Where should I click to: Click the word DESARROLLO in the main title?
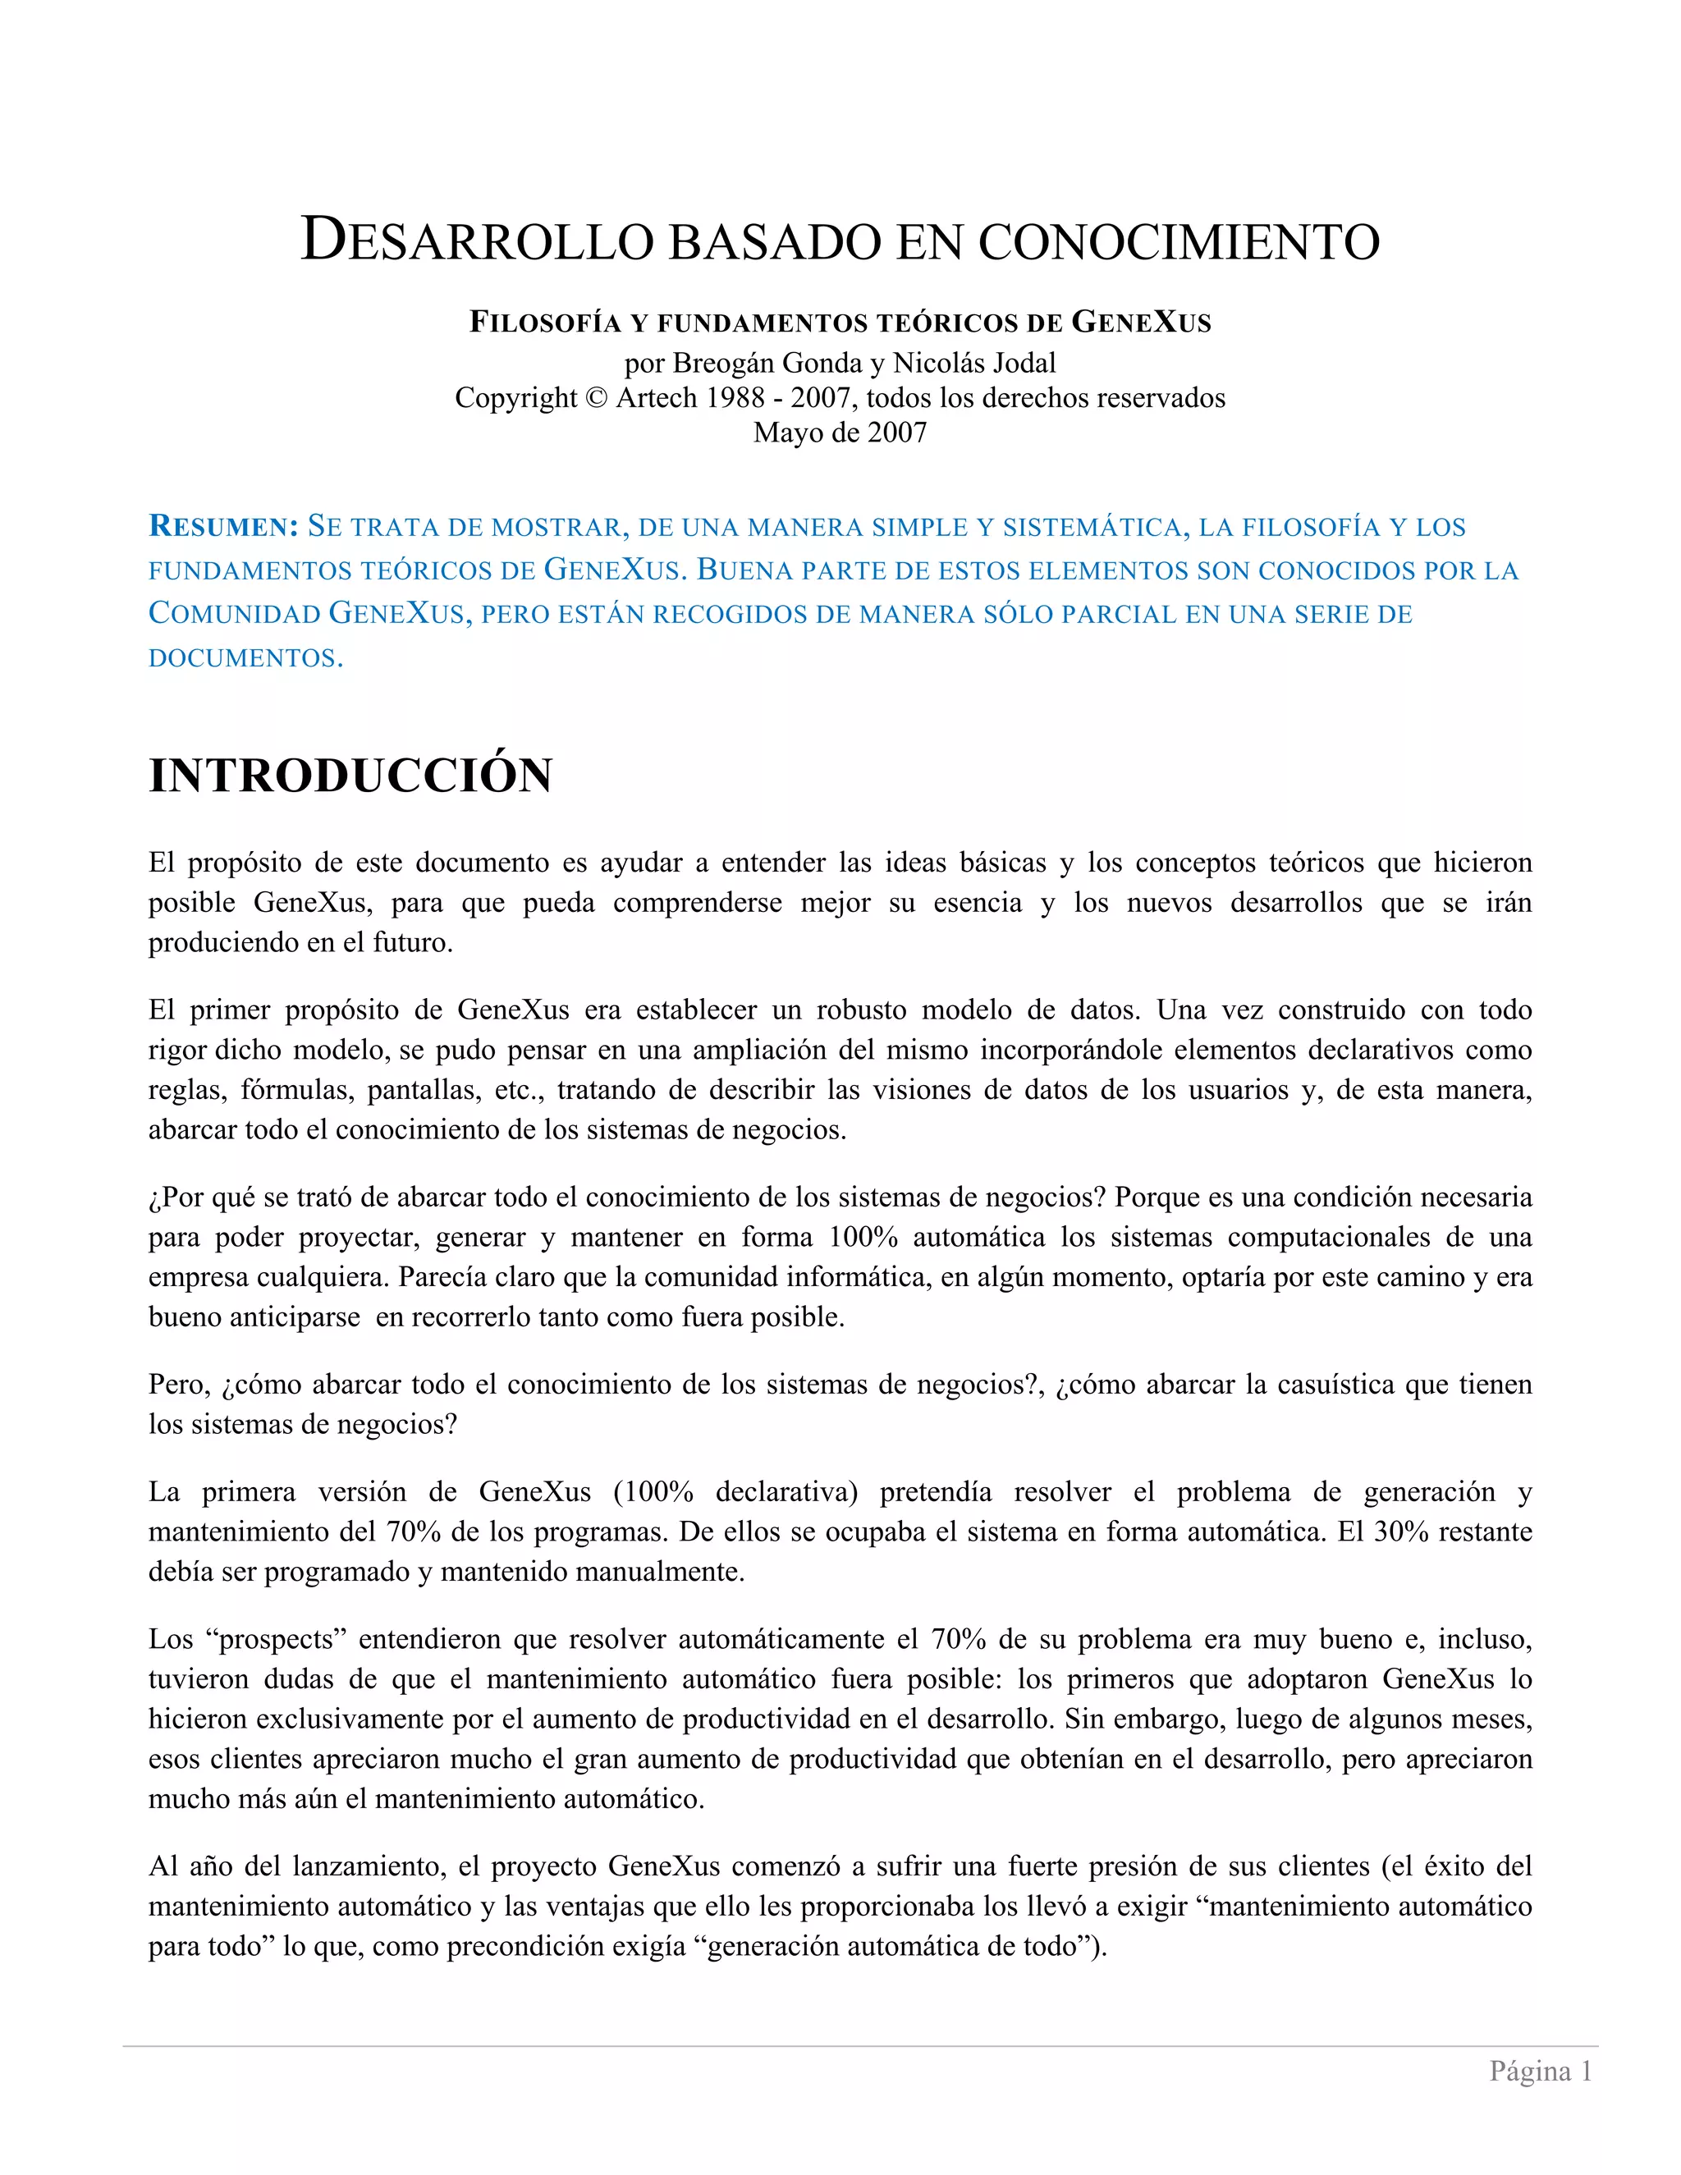coord(477,241)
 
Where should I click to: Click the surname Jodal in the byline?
coord(1019,364)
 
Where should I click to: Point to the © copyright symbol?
coord(596,398)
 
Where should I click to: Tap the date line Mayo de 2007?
coord(840,433)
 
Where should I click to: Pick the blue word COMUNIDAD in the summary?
coord(234,613)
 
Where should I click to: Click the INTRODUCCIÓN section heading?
coord(350,776)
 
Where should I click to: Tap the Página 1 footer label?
coord(1540,2072)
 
